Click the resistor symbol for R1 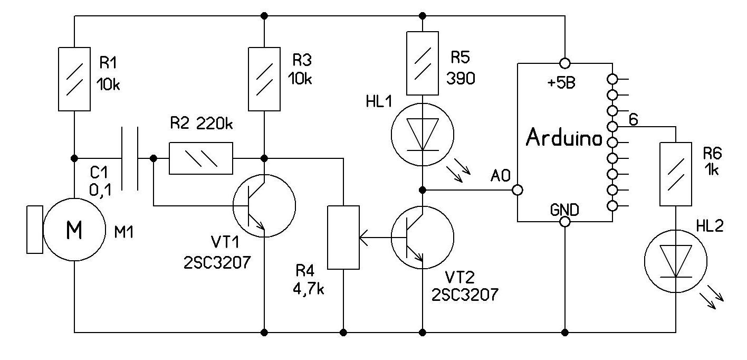pos(74,80)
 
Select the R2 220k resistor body pos(200,158)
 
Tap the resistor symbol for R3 pos(264,80)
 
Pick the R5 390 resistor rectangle pos(422,63)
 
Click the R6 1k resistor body pos(676,174)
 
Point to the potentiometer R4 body pos(343,238)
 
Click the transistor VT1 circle pos(264,206)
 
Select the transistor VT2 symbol pos(422,238)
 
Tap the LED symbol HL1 pos(422,135)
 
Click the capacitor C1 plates pos(130,158)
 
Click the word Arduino pos(564,139)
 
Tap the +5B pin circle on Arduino pos(564,63)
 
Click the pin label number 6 pos(633,120)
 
